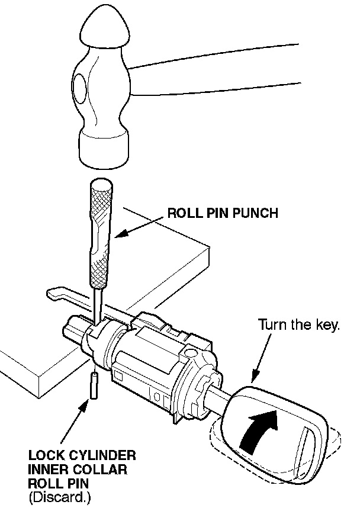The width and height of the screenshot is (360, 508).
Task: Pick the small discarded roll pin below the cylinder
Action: (94, 386)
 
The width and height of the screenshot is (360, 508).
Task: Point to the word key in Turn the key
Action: (327, 326)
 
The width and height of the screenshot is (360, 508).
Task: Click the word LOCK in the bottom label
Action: (44, 456)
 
